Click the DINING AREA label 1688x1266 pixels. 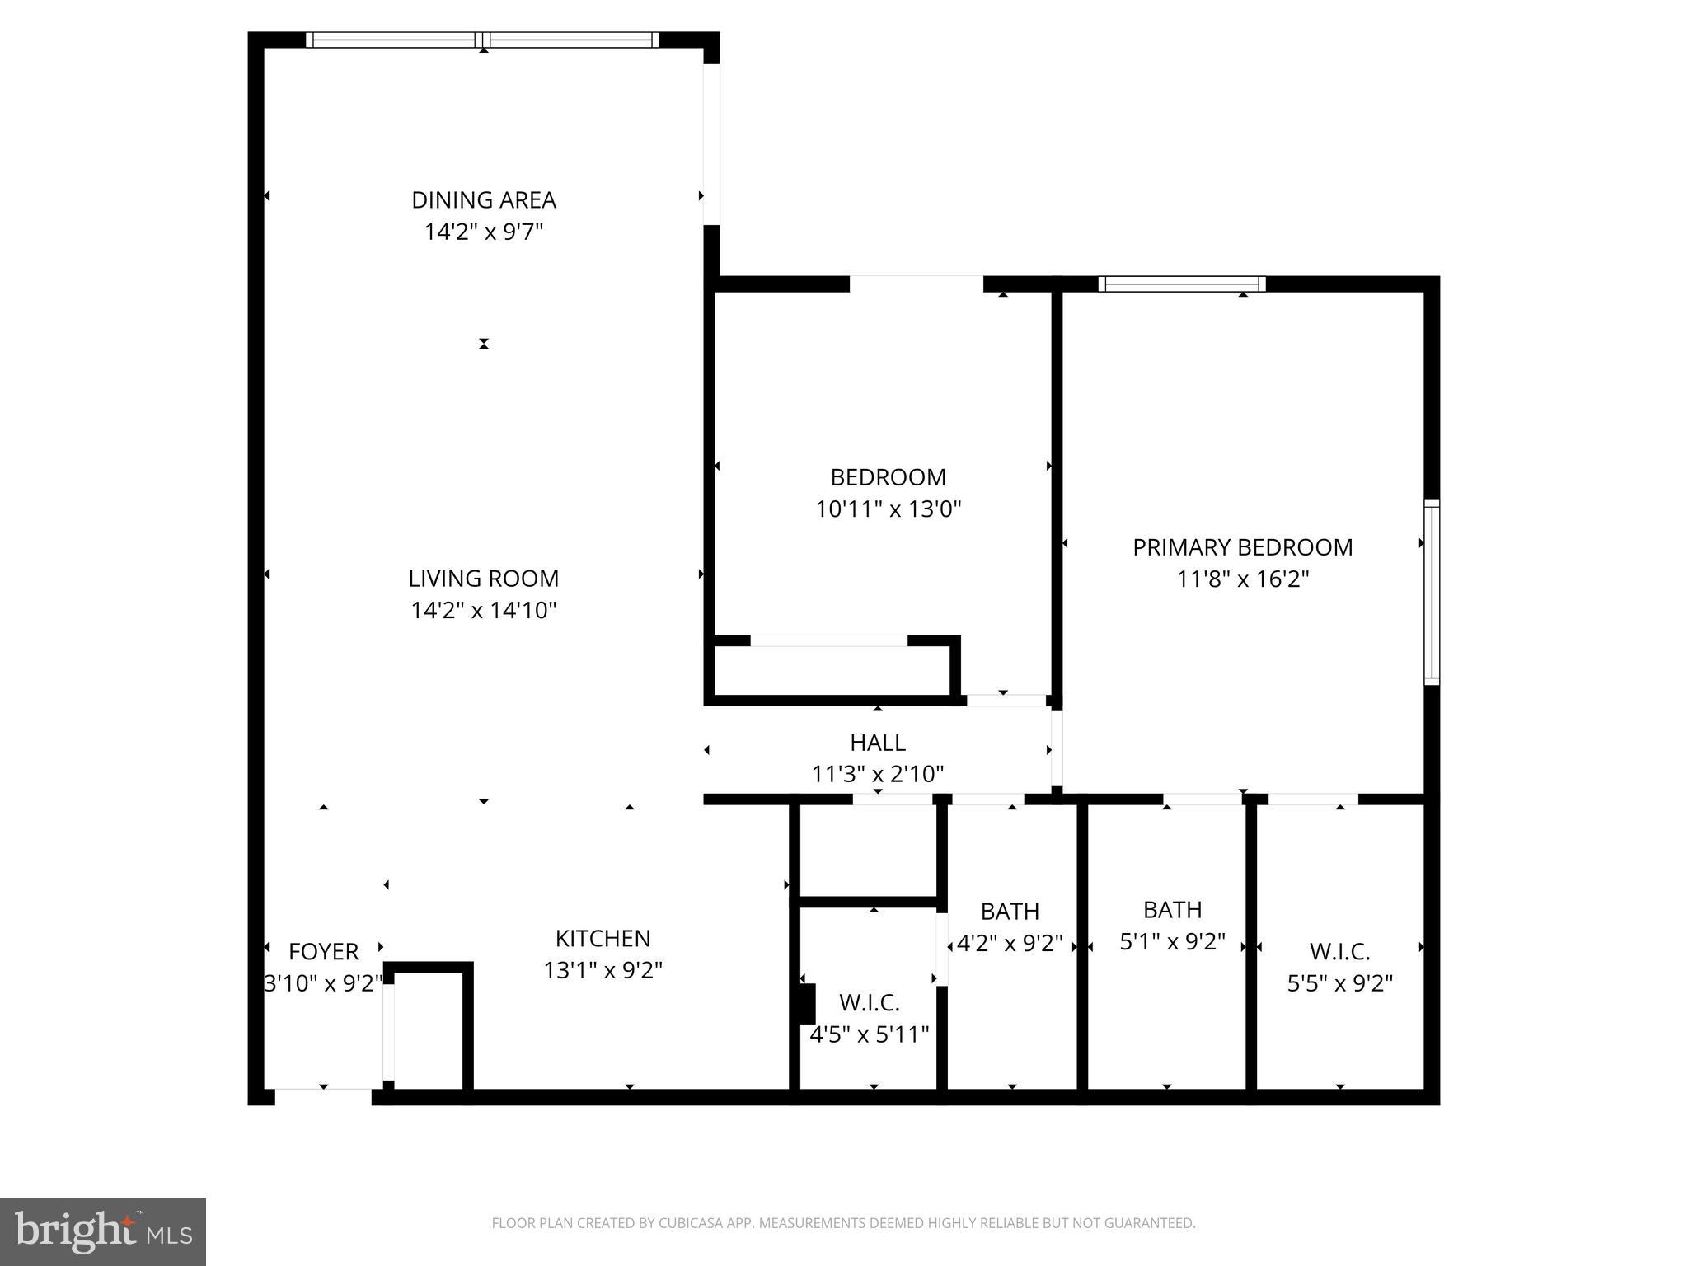484,200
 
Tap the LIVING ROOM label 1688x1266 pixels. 484,579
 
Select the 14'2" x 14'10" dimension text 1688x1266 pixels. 484,611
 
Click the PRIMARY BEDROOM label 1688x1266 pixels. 1242,547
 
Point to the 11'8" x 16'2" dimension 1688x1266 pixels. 1242,579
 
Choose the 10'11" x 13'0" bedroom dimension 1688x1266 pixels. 889,509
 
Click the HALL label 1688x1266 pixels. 878,743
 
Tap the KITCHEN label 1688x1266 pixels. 603,939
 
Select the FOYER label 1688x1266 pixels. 323,952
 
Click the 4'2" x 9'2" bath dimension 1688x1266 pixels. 1010,943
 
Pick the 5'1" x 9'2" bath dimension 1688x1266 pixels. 1172,941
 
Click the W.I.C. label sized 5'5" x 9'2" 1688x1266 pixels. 1339,952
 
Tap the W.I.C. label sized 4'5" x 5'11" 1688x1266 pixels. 869,1003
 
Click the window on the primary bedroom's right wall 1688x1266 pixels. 1432,593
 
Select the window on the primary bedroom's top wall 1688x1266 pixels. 1181,284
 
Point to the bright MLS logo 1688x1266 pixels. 103,1232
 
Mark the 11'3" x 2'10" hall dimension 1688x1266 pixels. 878,775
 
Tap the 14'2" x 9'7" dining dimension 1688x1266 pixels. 484,232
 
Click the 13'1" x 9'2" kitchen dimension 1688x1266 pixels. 603,971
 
